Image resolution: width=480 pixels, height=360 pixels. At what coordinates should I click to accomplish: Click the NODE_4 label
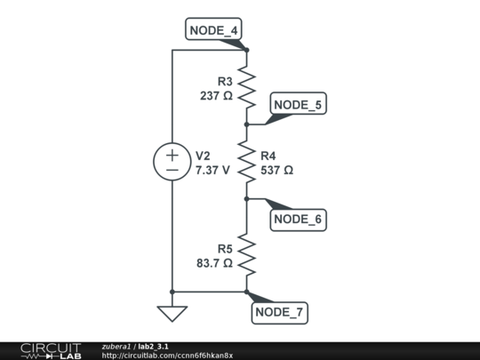pyautogui.click(x=214, y=31)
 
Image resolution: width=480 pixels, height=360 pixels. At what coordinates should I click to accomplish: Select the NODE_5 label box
pyautogui.click(x=298, y=105)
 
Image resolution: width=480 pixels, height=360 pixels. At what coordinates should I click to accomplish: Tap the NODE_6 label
pyautogui.click(x=298, y=219)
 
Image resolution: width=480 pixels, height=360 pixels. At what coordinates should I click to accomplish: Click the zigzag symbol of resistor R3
pyautogui.click(x=246, y=87)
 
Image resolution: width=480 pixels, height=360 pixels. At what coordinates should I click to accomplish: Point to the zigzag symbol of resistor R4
pyautogui.click(x=246, y=162)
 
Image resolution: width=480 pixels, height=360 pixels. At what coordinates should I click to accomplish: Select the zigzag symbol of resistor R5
pyautogui.click(x=246, y=255)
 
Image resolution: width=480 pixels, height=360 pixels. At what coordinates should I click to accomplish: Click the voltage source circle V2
pyautogui.click(x=172, y=162)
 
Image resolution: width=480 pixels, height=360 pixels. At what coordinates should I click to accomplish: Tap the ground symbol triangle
pyautogui.click(x=172, y=313)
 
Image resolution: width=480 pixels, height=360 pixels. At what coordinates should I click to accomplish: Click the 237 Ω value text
pyautogui.click(x=216, y=95)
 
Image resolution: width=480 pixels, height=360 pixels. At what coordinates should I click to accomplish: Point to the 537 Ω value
pyautogui.click(x=276, y=169)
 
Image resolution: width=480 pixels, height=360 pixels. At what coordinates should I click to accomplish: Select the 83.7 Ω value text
pyautogui.click(x=214, y=263)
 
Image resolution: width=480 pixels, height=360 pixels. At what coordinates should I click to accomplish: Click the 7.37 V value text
pyautogui.click(x=212, y=169)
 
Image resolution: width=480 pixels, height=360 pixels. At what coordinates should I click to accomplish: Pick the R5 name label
pyautogui.click(x=224, y=249)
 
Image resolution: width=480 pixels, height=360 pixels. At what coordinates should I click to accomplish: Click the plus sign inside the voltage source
pyautogui.click(x=172, y=155)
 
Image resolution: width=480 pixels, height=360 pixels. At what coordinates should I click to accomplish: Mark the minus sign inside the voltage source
pyautogui.click(x=172, y=170)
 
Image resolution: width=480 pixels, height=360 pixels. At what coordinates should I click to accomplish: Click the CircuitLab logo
pyautogui.click(x=50, y=350)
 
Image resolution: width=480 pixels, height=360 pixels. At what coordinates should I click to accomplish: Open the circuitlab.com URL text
pyautogui.click(x=167, y=356)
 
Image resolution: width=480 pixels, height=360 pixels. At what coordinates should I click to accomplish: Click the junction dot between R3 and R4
pyautogui.click(x=246, y=124)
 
